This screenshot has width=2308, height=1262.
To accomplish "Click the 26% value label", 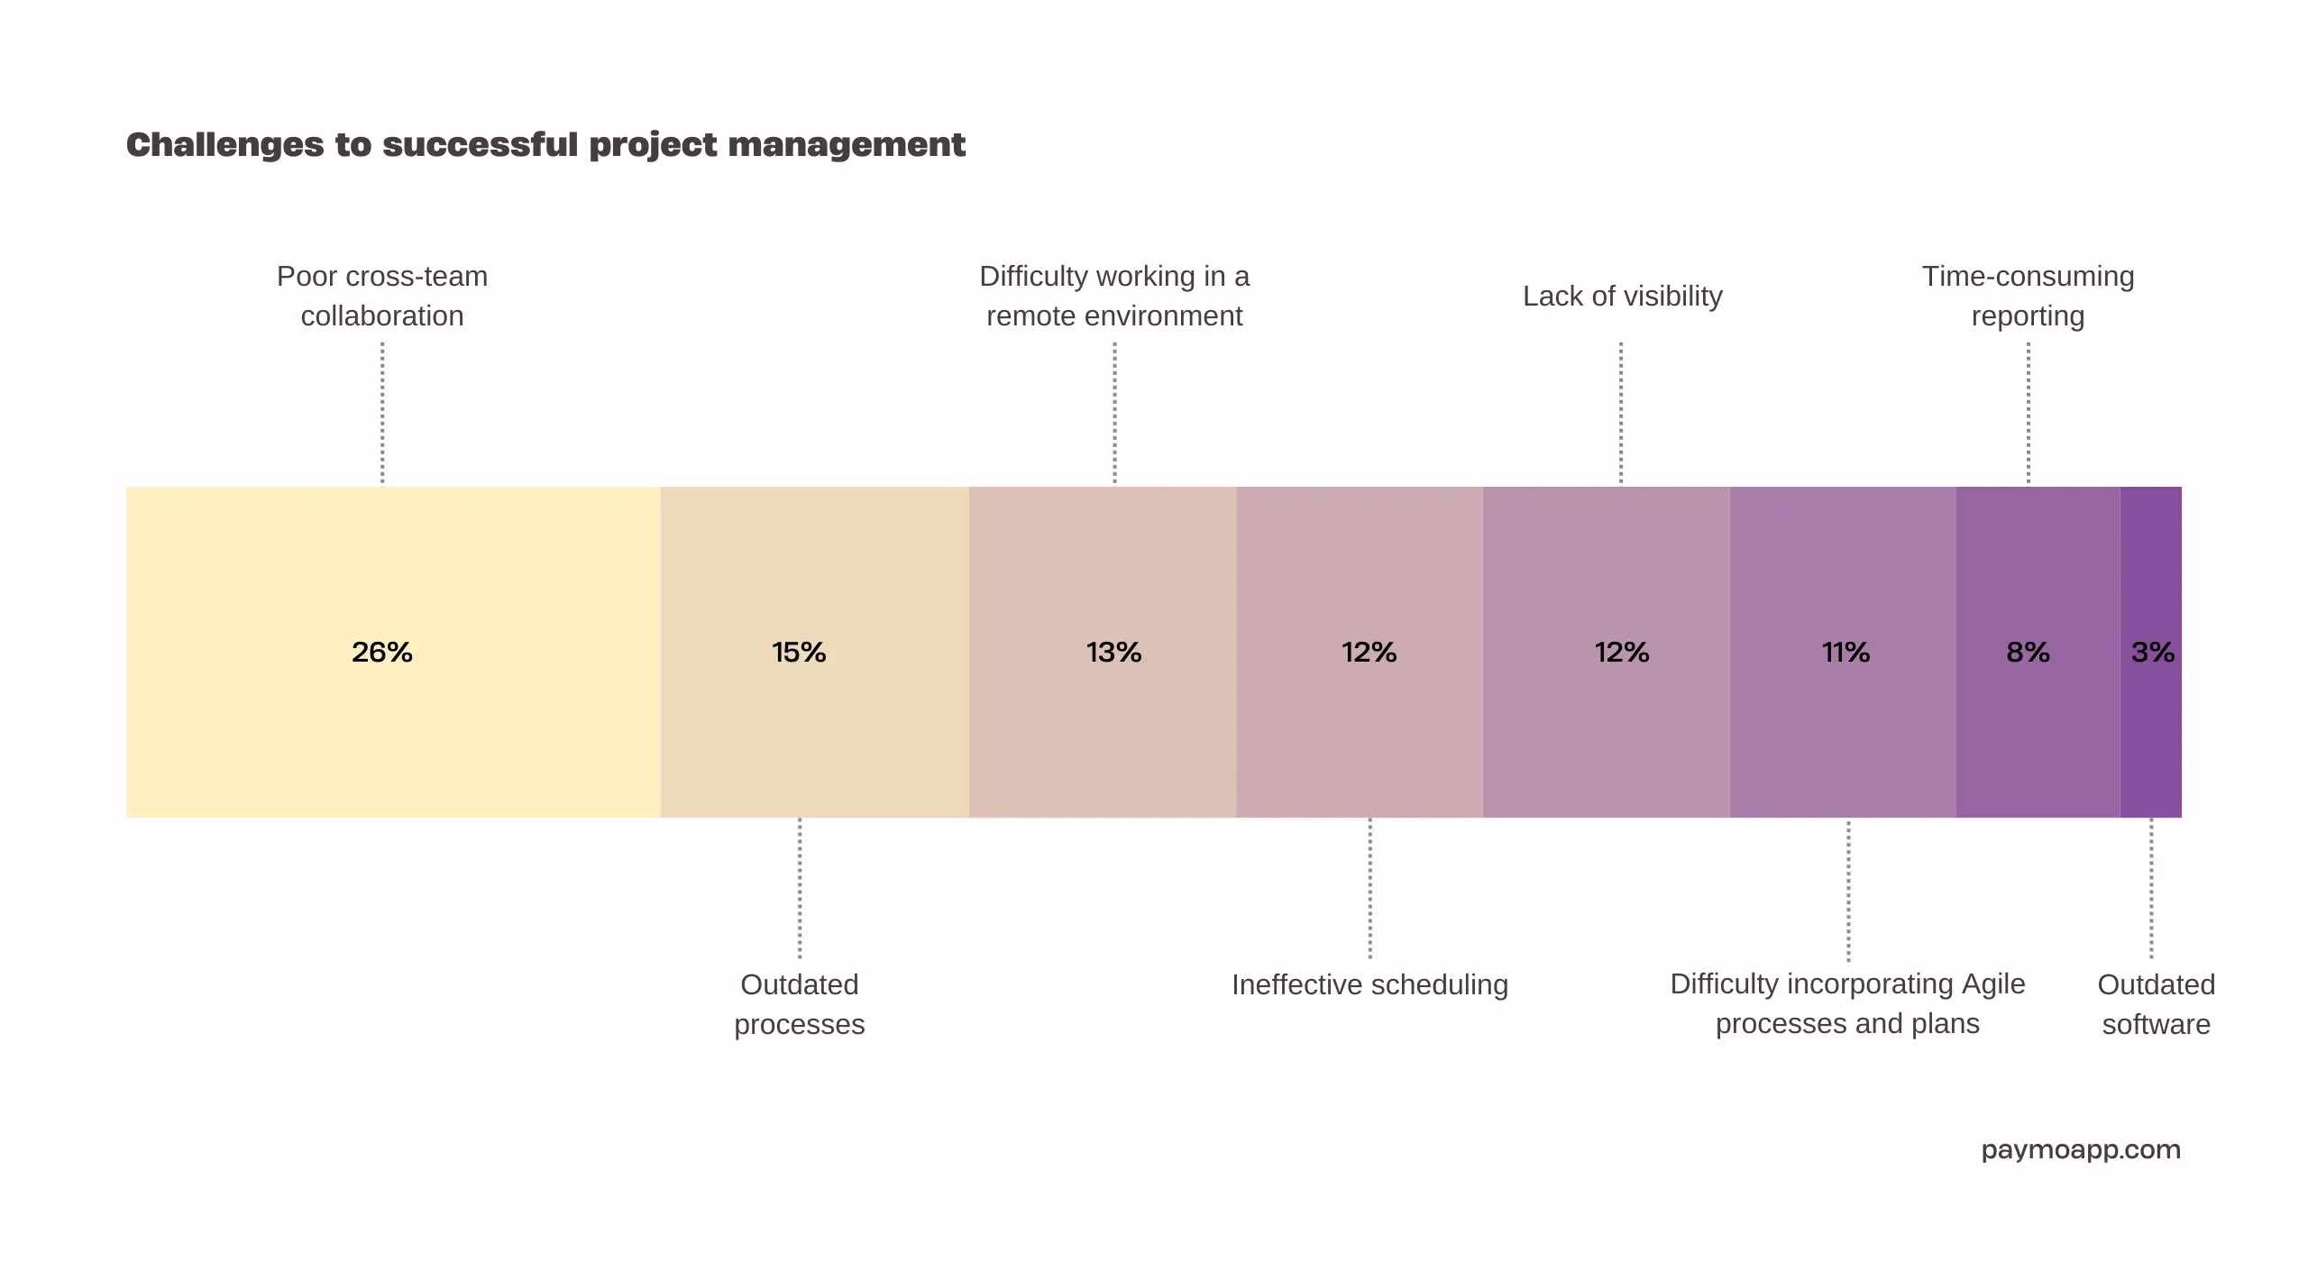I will (x=382, y=652).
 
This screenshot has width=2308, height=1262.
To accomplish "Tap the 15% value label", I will (x=799, y=652).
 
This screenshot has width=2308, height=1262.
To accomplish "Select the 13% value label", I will (x=1113, y=652).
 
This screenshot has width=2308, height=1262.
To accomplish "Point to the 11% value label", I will (x=1845, y=652).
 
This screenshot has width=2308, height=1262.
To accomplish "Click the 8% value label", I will (x=2028, y=652).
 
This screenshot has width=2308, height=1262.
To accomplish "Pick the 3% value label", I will (x=2152, y=652).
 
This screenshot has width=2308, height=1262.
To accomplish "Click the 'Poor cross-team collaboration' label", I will (x=382, y=296).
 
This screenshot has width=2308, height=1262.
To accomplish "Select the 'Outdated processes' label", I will (x=799, y=1004).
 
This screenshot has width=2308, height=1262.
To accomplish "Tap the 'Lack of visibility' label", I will (x=1622, y=296).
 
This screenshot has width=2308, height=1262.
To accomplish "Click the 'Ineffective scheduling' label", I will (x=1369, y=984).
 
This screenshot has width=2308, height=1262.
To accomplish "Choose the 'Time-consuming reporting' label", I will (x=2028, y=296).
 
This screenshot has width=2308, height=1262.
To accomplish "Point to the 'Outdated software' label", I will (x=2156, y=1004).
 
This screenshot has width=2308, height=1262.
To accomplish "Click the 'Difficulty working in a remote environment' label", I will (x=1114, y=296).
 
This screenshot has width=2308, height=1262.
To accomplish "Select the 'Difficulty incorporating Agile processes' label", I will (x=1847, y=1003).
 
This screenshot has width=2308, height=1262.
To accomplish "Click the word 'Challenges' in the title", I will (x=224, y=144).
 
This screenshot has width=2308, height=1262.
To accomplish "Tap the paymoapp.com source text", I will (x=2081, y=1150).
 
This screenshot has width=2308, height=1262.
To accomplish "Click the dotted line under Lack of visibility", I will (x=1621, y=413).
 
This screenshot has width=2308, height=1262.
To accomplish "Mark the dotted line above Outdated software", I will (x=2151, y=888).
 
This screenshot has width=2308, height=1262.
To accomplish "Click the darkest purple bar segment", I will (x=2150, y=739).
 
